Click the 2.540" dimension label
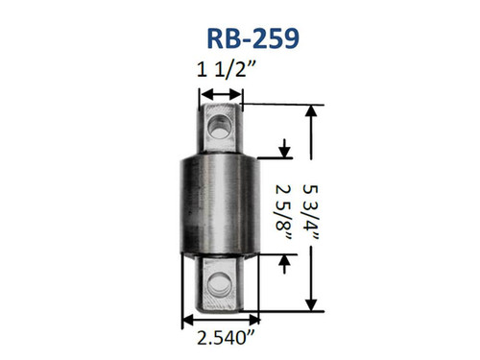click(x=221, y=338)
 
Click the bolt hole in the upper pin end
click(x=222, y=123)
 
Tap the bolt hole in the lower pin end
click(x=223, y=282)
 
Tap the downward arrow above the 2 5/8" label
click(x=284, y=151)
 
